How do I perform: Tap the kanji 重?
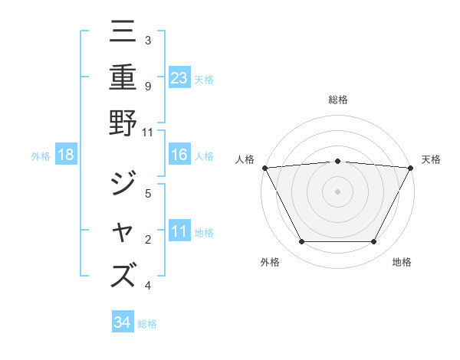tap(123, 77)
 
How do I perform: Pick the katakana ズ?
tap(123, 275)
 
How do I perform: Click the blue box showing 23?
tap(179, 77)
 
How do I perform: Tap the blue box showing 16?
tap(179, 155)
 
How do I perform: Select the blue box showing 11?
tap(179, 231)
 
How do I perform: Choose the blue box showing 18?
tap(66, 155)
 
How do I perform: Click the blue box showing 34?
tap(122, 322)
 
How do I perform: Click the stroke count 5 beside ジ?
tap(147, 194)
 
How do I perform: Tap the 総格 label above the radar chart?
tap(337, 100)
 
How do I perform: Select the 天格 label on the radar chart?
tap(431, 159)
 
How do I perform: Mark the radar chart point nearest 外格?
tap(301, 242)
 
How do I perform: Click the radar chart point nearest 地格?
tap(374, 242)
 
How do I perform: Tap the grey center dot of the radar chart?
tap(337, 191)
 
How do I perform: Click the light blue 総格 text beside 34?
tap(147, 323)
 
